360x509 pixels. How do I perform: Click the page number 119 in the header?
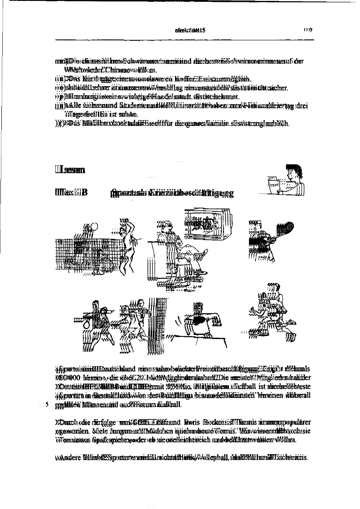(x=309, y=30)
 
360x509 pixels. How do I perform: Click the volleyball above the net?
(x=94, y=227)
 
